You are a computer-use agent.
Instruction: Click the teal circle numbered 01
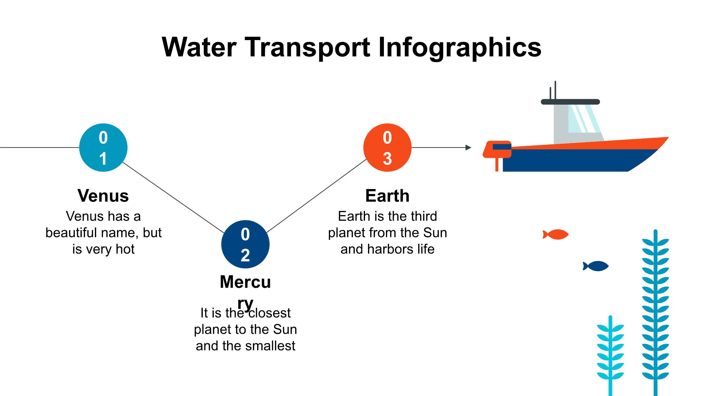(x=103, y=148)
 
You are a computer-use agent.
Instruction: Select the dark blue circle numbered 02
(x=245, y=244)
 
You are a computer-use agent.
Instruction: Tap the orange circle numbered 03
(x=387, y=148)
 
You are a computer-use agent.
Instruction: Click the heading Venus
(x=103, y=196)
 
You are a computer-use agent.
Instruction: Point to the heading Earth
(x=387, y=196)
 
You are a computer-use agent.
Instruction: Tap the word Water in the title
(x=199, y=47)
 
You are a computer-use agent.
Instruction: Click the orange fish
(x=556, y=234)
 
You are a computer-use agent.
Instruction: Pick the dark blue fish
(x=596, y=266)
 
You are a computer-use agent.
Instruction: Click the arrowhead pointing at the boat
(x=468, y=148)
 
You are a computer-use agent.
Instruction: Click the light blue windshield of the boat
(x=583, y=119)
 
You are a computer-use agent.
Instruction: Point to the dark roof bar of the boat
(x=570, y=102)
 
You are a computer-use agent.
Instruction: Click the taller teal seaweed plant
(x=655, y=310)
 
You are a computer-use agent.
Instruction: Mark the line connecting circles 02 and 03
(x=316, y=196)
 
